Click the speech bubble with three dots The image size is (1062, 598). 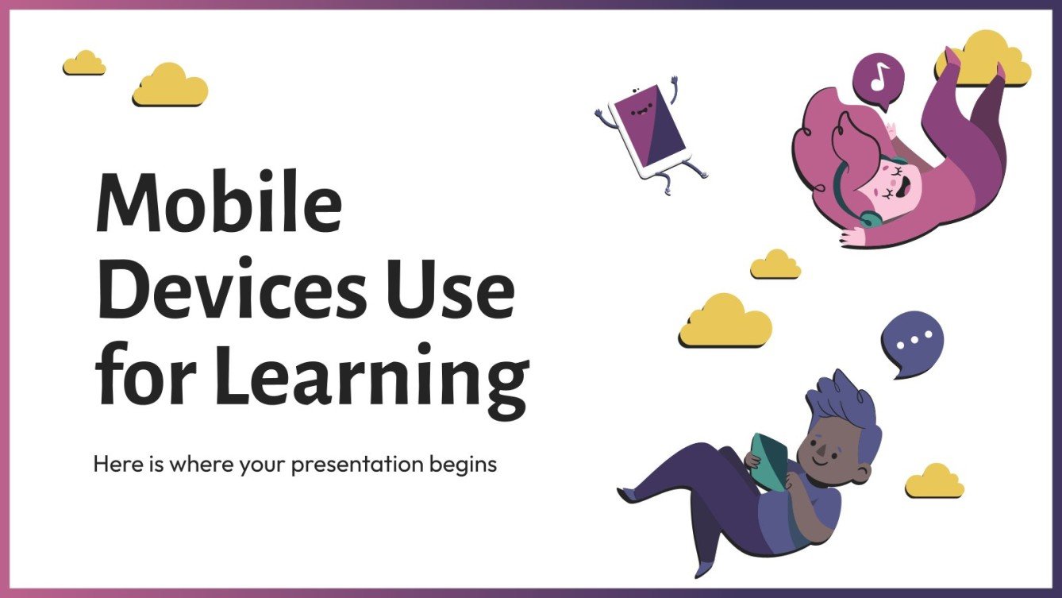[911, 341]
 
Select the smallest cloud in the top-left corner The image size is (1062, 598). [84, 64]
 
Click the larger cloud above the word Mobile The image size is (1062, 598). [170, 87]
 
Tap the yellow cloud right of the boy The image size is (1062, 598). [935, 482]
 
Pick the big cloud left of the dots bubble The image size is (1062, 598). [725, 321]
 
